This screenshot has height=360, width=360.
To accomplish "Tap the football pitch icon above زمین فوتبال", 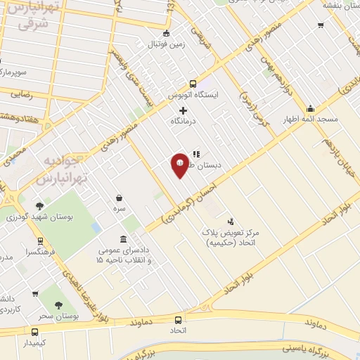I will coord(166,33).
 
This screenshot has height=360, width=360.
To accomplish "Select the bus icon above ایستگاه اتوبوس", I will coord(193,82).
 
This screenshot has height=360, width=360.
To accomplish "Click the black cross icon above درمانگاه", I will coord(184,110).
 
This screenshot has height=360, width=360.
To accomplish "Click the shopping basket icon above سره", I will coord(119,198).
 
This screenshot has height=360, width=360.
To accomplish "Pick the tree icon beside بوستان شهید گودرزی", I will coord(39,206).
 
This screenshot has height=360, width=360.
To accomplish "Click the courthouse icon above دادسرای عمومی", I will coord(124,239).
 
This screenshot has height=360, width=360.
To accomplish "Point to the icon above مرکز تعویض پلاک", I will coord(231,221).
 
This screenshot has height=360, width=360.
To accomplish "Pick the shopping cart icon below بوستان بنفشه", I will coord(321,26).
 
